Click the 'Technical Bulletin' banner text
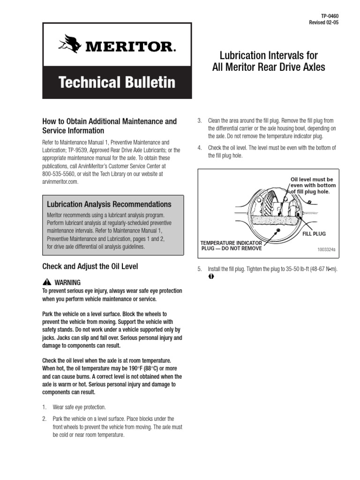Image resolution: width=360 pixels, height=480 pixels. pyautogui.click(x=117, y=82)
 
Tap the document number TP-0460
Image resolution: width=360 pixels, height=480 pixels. pyautogui.click(x=328, y=16)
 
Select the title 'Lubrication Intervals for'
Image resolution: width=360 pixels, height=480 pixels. pyautogui.click(x=269, y=56)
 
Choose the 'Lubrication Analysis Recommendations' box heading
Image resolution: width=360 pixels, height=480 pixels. pyautogui.click(x=109, y=204)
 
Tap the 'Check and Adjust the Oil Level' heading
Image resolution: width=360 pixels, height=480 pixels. pyautogui.click(x=90, y=267)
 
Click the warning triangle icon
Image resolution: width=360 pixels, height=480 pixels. pyautogui.click(x=46, y=282)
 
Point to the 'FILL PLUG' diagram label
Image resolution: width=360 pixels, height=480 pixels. pyautogui.click(x=314, y=233)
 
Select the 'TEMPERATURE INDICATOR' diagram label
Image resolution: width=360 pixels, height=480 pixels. pyautogui.click(x=231, y=243)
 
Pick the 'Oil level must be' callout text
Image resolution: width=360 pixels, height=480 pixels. pyautogui.click(x=312, y=180)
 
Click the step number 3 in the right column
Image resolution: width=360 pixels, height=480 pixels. pyautogui.click(x=199, y=121)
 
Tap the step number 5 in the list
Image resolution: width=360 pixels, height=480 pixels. pyautogui.click(x=199, y=269)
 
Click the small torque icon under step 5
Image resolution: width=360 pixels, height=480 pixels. pyautogui.click(x=211, y=277)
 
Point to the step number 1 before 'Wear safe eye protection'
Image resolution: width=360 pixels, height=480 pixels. pyautogui.click(x=45, y=407)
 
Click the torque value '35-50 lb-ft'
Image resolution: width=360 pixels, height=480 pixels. pyautogui.click(x=291, y=269)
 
